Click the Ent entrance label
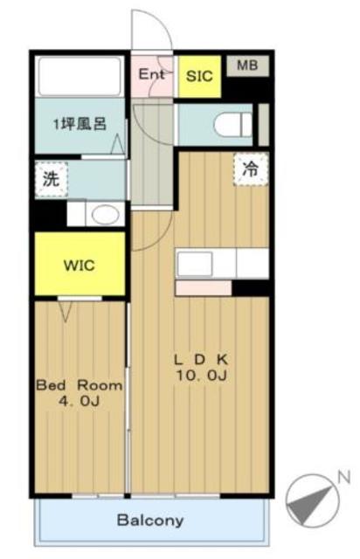pyautogui.click(x=152, y=74)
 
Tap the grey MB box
pyautogui.click(x=246, y=65)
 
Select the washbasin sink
pyautogui.click(x=106, y=215)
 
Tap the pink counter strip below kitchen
pyautogui.click(x=203, y=287)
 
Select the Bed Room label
pyautogui.click(x=79, y=384)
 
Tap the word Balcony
pyautogui.click(x=150, y=521)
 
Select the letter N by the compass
pyautogui.click(x=343, y=477)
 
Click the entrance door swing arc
pyautogui.click(x=149, y=31)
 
